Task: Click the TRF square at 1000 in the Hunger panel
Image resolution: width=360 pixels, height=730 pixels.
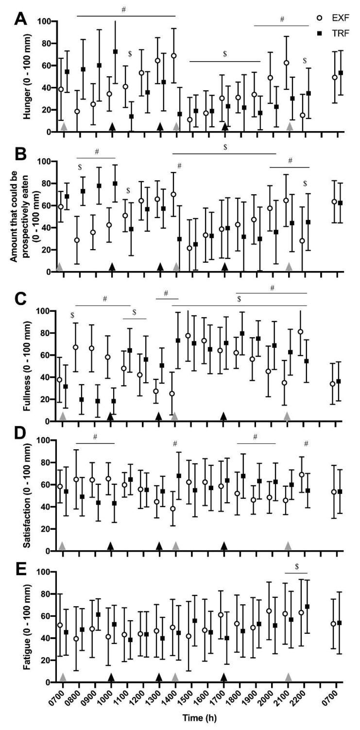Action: coord(115,51)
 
